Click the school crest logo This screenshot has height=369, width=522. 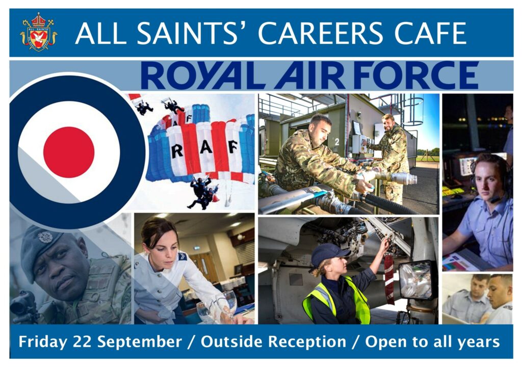coord(39,32)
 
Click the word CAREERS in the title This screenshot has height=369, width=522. coord(321,33)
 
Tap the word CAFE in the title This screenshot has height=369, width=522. coord(430,33)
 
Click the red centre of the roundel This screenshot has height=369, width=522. coord(69,152)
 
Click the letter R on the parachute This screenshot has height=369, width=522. coord(177,152)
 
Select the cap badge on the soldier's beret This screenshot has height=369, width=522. coord(45,237)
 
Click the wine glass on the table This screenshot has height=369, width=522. coord(229,303)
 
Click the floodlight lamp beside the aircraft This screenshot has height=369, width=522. coord(416,279)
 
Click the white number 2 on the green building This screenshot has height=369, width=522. coord(337,142)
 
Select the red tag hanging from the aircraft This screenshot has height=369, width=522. coord(389,279)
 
